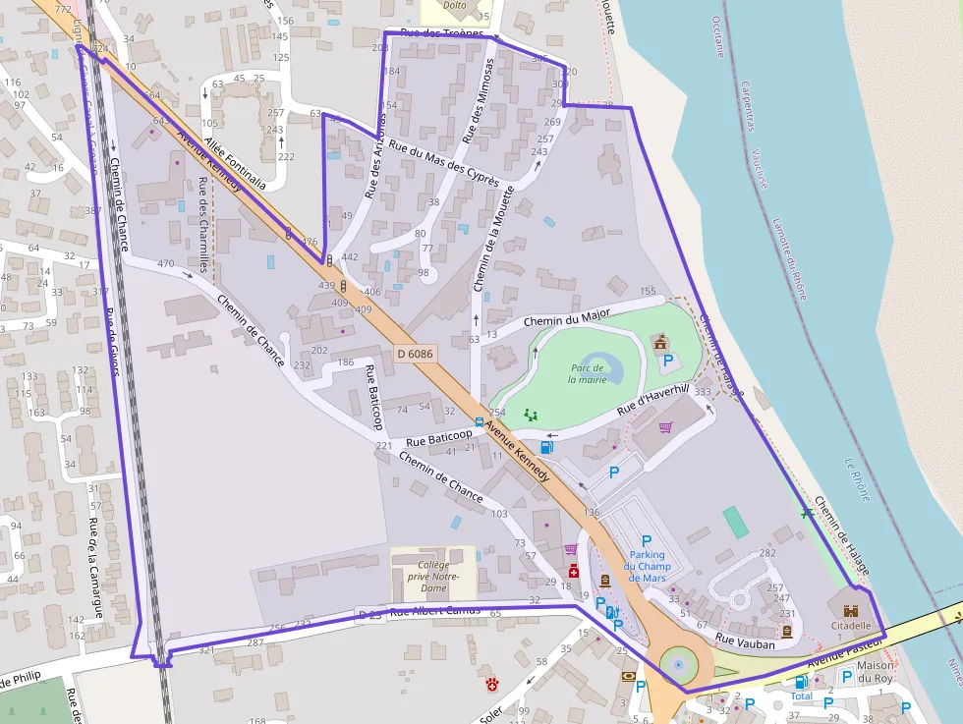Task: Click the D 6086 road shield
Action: click(x=416, y=352)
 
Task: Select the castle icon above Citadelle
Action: click(x=850, y=610)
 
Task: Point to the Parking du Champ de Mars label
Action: click(x=646, y=565)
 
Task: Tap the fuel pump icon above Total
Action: click(x=802, y=681)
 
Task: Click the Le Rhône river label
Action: click(x=857, y=479)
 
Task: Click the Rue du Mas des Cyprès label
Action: click(x=443, y=163)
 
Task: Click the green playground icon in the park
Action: click(x=532, y=415)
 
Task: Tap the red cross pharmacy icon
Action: click(x=573, y=571)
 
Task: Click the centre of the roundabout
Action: click(x=677, y=665)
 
